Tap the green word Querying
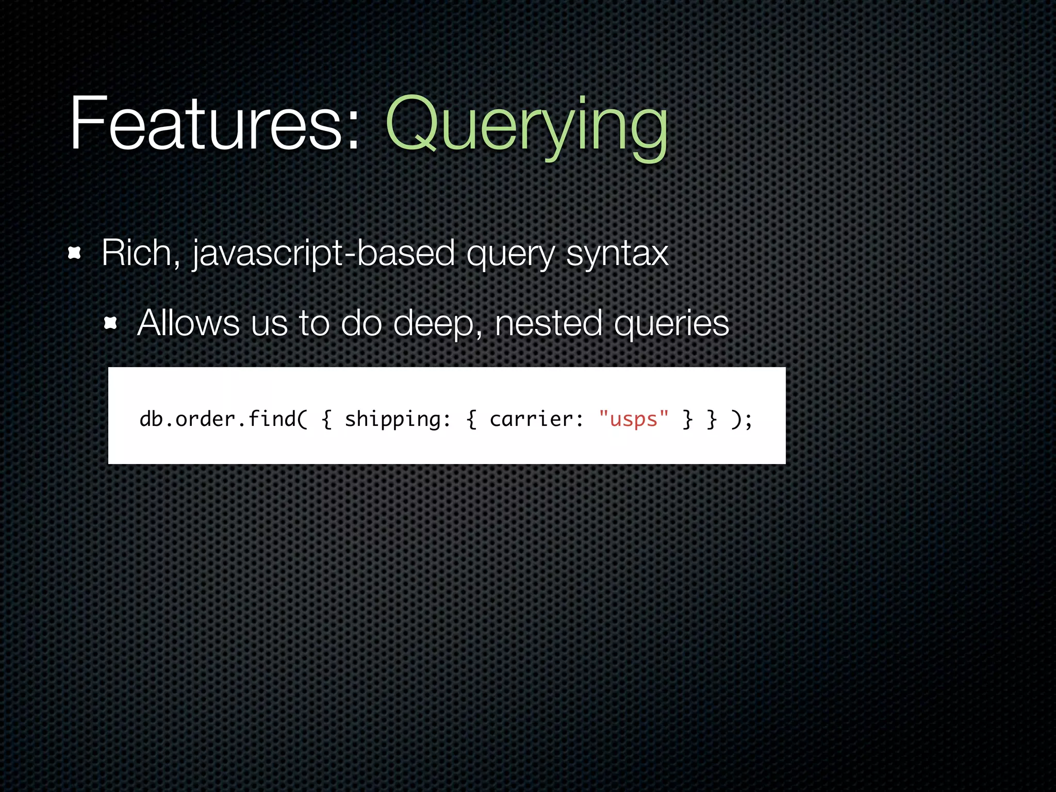[526, 126]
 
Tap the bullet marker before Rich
[75, 253]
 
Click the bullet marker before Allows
[111, 324]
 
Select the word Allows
[188, 323]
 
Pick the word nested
[548, 323]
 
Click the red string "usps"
[634, 419]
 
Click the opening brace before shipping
[326, 419]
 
